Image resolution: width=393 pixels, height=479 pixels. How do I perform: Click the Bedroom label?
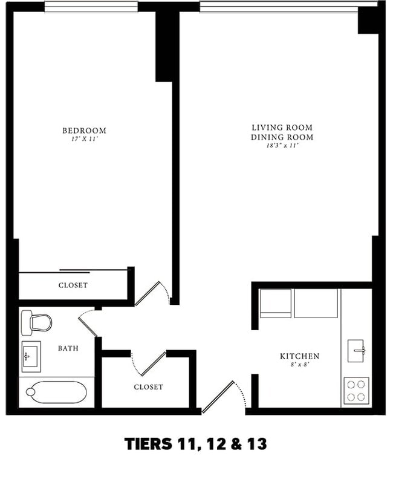(84, 131)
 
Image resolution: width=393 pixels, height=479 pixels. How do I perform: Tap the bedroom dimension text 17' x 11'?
(84, 139)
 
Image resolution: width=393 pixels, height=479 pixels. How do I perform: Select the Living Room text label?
(282, 128)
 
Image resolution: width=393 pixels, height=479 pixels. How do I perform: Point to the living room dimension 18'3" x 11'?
(282, 146)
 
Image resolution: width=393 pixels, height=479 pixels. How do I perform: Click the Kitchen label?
(299, 356)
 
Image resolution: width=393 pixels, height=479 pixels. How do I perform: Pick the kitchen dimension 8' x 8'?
(299, 365)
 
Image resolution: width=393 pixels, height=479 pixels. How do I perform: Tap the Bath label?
(68, 348)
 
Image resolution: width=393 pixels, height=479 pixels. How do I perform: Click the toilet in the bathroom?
(36, 322)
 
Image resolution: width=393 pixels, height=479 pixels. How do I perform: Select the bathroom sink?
(30, 355)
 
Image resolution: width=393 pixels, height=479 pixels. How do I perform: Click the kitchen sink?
(357, 350)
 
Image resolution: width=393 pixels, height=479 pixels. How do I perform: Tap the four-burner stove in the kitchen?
(356, 390)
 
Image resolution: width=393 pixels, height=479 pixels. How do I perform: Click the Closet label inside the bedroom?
(73, 285)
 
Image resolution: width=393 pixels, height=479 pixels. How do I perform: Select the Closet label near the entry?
(148, 386)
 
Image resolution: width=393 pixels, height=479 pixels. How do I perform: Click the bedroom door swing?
(151, 293)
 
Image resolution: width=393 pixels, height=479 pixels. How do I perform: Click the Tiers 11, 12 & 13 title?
(195, 444)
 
